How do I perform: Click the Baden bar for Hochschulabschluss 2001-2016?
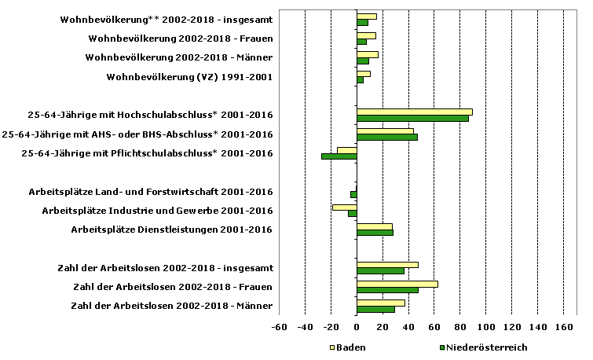[414, 112]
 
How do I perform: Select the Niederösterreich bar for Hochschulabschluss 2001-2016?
[412, 118]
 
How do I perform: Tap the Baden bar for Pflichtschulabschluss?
[346, 149]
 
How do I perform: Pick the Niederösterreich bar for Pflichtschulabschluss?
[339, 156]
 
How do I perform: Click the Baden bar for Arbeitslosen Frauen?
[397, 284]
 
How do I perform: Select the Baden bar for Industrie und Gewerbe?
[344, 207]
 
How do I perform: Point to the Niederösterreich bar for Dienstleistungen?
[375, 233]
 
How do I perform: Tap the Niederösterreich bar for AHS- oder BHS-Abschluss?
[386, 137]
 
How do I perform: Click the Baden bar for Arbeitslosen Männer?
[380, 303]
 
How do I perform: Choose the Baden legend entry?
[347, 347]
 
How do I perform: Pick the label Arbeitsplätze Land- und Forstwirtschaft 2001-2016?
[151, 192]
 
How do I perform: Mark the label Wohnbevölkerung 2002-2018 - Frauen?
[181, 38]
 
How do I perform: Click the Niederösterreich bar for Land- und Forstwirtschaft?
[353, 194]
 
